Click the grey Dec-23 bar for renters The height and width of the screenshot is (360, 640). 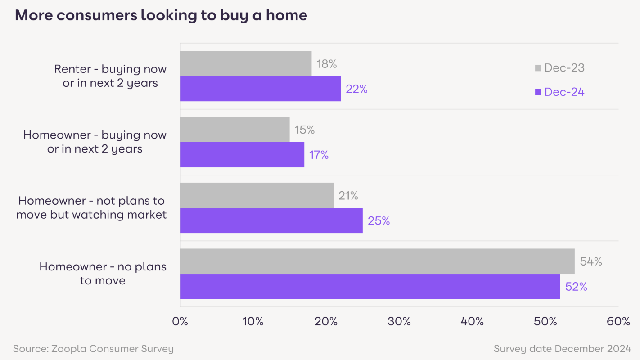(246, 63)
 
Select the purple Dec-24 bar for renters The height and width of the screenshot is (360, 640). (260, 89)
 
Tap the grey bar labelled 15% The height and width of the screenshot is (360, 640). (235, 130)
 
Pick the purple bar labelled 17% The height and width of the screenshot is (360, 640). (242, 155)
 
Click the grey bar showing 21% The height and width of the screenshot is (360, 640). (257, 195)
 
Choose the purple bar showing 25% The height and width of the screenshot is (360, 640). (271, 220)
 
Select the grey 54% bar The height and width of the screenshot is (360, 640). (377, 261)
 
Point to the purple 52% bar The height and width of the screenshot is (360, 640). (370, 286)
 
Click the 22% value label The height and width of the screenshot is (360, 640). (356, 89)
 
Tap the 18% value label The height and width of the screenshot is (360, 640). (327, 64)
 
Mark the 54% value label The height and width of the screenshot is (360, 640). (591, 261)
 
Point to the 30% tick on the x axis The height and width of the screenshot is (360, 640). (399, 321)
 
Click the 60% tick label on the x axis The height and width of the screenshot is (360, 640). (618, 321)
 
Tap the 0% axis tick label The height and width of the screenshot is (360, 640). (180, 321)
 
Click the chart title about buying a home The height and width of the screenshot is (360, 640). (161, 15)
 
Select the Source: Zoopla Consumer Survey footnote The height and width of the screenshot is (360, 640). (93, 349)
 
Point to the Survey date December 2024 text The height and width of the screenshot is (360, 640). (562, 349)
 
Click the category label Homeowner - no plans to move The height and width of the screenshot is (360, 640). (103, 274)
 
